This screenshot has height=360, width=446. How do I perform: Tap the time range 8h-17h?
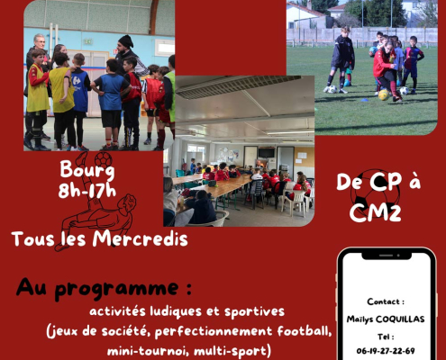tap(87, 191)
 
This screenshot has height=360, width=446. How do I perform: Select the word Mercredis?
tap(140, 239)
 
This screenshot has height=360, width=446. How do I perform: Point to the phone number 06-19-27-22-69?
tap(386, 351)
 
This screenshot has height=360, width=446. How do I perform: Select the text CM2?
tap(375, 212)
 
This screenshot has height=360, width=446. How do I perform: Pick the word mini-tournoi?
tap(148, 351)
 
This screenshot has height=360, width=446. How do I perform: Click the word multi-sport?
tap(230, 351)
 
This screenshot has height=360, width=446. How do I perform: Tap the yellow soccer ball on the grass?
tap(384, 94)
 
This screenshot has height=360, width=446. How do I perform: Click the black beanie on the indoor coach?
tap(126, 41)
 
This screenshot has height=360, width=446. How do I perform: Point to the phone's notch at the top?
tap(387, 256)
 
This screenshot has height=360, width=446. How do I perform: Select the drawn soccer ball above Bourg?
tap(104, 159)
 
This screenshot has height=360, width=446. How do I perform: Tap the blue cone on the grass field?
tap(365, 100)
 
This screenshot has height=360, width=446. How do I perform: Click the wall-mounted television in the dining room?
tap(267, 153)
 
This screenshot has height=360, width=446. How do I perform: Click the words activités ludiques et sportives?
tap(187, 311)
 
